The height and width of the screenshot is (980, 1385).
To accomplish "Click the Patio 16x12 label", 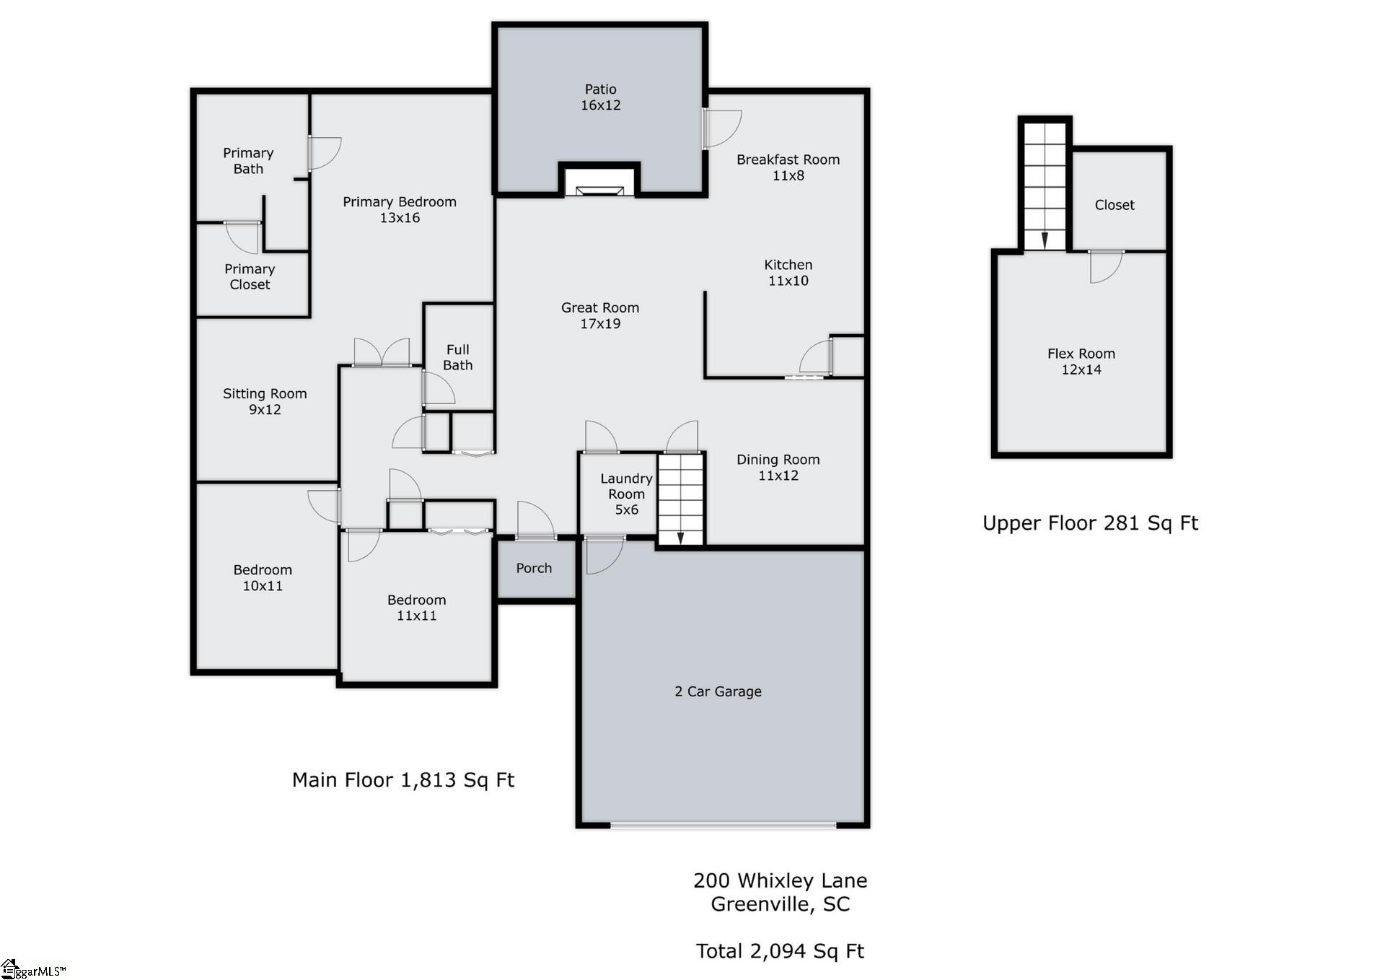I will [600, 97].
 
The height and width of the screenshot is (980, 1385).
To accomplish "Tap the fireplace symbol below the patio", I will [599, 190].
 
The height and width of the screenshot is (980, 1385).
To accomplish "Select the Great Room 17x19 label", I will [600, 315].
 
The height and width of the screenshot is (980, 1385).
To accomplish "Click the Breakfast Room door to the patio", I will [722, 129].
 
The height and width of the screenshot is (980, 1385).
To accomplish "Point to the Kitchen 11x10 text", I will [788, 273].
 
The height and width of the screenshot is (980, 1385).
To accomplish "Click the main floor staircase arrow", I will [680, 537].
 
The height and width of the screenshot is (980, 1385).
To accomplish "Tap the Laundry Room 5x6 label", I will [626, 494].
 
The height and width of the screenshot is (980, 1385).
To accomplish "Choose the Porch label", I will [534, 568].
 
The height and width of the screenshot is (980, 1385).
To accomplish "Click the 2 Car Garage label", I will [718, 691].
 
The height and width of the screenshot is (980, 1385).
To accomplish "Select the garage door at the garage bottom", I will [723, 824].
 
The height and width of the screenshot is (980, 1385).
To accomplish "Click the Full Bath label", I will [457, 357].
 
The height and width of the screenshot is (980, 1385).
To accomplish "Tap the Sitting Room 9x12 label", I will [265, 401].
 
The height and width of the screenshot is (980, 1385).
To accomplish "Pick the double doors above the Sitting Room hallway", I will [382, 354].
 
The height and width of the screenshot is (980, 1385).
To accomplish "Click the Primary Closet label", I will [250, 276].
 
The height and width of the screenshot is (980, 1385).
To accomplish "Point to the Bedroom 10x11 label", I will [263, 577].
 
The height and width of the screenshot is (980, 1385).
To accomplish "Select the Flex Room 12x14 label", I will [1081, 362].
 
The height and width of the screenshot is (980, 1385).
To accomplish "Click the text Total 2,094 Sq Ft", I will [780, 951].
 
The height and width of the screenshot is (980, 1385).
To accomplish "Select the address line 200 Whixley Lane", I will [780, 880].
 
